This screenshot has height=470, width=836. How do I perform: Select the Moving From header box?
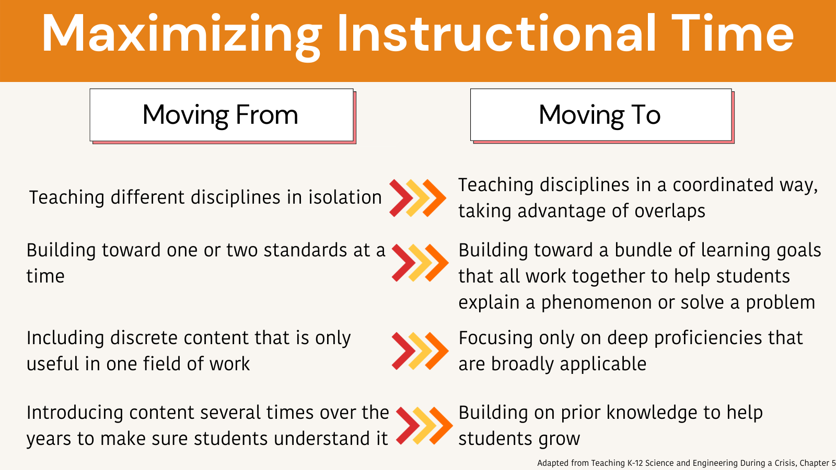point(222,115)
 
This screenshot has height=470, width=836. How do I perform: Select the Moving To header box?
point(600,115)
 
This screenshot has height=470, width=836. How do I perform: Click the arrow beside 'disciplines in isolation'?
point(417,198)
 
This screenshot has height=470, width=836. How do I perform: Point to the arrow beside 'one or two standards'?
point(420,263)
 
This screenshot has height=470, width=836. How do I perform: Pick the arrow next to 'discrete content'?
point(420,351)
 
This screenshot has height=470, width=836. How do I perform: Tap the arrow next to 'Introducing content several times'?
point(424,426)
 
